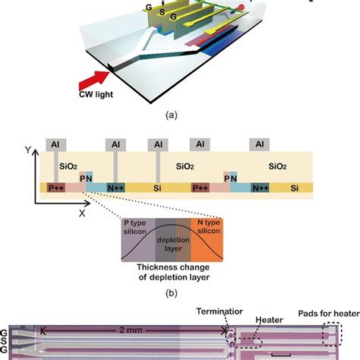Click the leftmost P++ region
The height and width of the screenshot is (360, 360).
pyautogui.click(x=55, y=187)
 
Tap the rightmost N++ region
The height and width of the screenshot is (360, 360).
pyautogui.click(x=260, y=187)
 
